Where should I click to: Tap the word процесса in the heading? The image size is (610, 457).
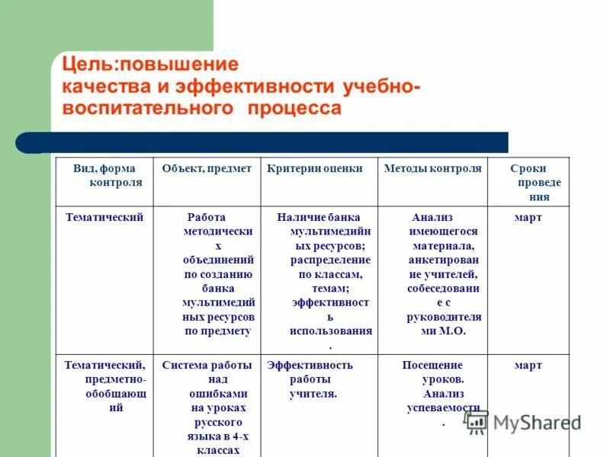coord(294,108)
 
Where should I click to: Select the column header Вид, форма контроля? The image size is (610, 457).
coord(104,176)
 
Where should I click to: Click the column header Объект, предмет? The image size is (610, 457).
coord(207,169)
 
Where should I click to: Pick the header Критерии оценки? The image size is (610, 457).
coord(315,169)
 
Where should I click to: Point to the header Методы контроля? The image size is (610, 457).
coord(433,169)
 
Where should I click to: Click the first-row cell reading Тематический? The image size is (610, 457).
coord(104,218)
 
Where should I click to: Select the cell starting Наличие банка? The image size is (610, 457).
coord(330,274)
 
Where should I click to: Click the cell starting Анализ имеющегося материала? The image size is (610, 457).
coord(444,274)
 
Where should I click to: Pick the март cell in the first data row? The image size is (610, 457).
coord(528,218)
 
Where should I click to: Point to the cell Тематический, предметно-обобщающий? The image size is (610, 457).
coord(105,386)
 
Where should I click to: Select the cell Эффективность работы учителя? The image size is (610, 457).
coord(310,379)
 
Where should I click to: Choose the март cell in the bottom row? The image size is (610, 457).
coord(528,366)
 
